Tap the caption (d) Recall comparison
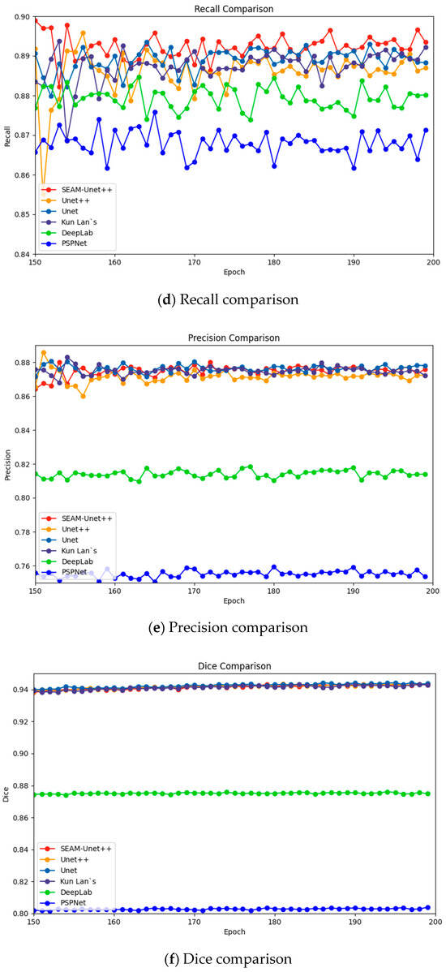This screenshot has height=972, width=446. [x=234, y=299]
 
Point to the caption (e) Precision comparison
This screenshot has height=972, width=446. [x=234, y=626]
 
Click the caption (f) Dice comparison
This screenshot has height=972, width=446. [x=234, y=959]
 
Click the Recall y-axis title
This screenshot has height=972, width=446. [x=6, y=135]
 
